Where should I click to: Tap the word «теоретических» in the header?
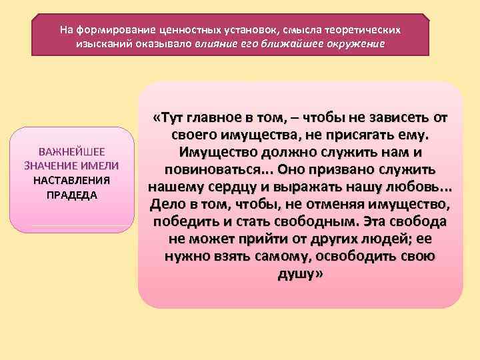pos(365,30)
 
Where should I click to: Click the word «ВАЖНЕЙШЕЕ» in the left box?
pos(71,151)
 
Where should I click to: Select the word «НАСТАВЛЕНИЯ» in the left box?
pos(71,181)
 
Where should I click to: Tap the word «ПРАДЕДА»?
pos(71,195)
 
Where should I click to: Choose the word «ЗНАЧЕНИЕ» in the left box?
pos(49,166)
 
